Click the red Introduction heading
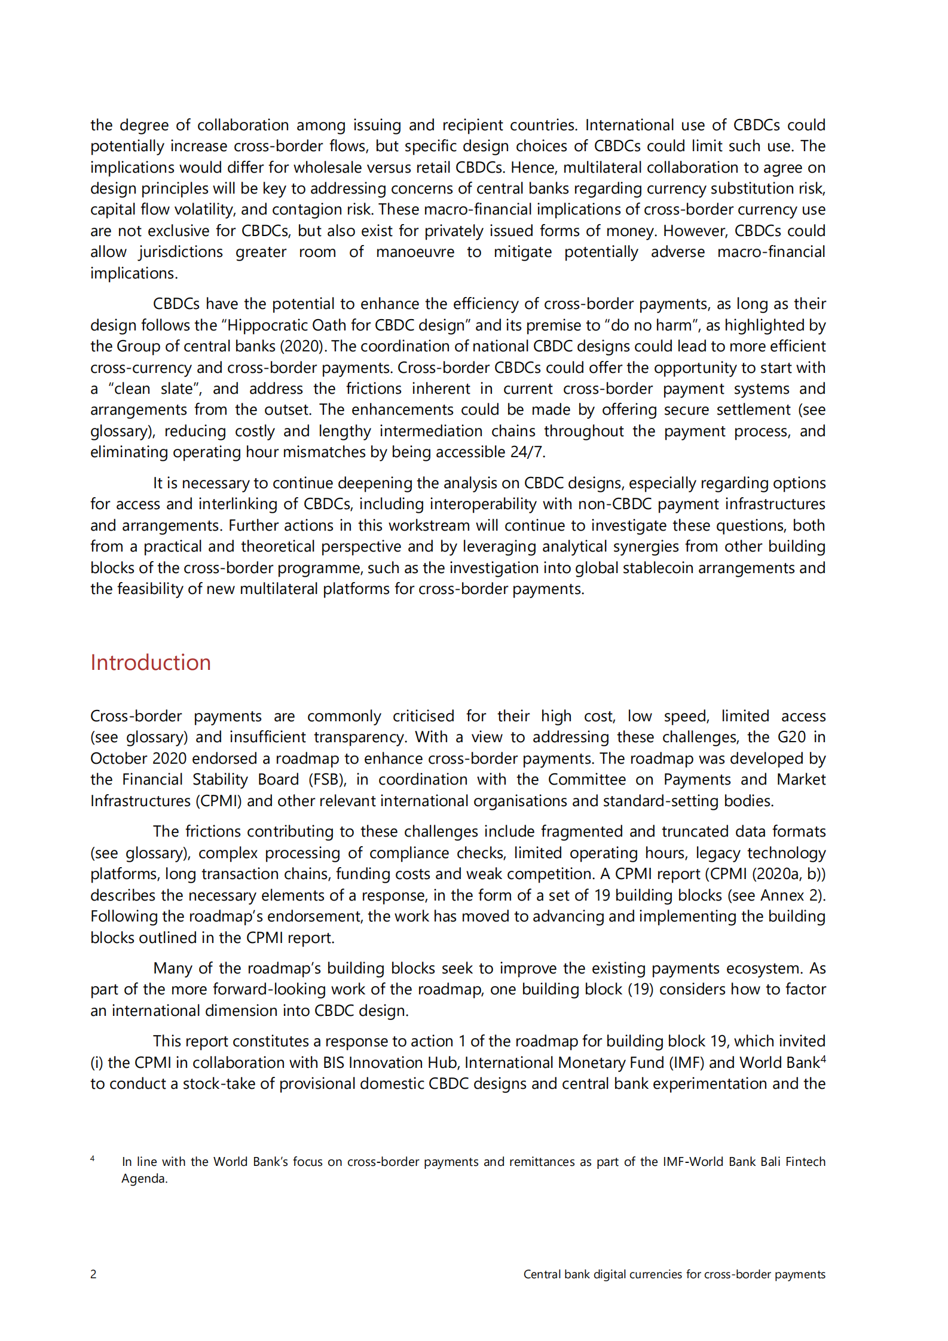point(151,663)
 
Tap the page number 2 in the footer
point(93,1274)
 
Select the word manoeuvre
point(415,252)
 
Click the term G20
point(791,737)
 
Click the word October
point(119,758)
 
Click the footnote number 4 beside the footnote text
point(93,1159)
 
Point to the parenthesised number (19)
point(641,989)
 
